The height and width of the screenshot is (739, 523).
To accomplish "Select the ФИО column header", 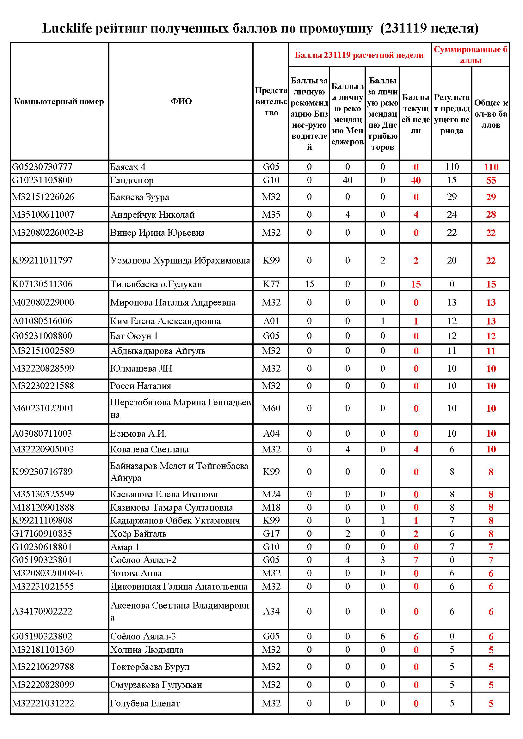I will click(181, 101).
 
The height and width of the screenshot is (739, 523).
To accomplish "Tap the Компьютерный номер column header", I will click(59, 102).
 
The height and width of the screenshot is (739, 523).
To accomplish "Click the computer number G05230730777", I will click(42, 167).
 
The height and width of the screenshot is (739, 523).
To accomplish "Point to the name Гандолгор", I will click(132, 180).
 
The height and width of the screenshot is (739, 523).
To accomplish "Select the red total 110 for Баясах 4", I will click(491, 167).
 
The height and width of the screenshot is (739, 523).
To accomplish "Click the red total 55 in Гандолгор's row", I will click(491, 180).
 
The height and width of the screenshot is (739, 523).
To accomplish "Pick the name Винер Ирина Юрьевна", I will click(157, 233).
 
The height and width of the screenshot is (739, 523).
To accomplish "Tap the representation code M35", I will click(271, 214).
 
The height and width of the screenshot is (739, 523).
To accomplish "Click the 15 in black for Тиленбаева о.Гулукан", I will click(309, 284).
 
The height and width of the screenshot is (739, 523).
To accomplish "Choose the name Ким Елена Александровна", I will click(165, 321).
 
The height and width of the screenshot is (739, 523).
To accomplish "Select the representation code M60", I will click(271, 408).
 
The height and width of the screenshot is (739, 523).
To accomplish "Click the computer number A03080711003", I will click(42, 433).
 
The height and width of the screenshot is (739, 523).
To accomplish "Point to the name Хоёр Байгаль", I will click(138, 534).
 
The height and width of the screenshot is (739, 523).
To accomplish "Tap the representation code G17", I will click(271, 534).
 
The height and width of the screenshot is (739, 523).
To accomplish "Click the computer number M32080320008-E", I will click(47, 573).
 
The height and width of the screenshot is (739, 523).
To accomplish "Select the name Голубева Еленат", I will click(145, 703).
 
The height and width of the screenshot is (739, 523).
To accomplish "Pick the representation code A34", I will click(271, 611).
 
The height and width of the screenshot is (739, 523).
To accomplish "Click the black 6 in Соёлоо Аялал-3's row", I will click(382, 636).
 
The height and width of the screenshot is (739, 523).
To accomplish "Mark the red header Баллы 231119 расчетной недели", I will click(360, 55).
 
